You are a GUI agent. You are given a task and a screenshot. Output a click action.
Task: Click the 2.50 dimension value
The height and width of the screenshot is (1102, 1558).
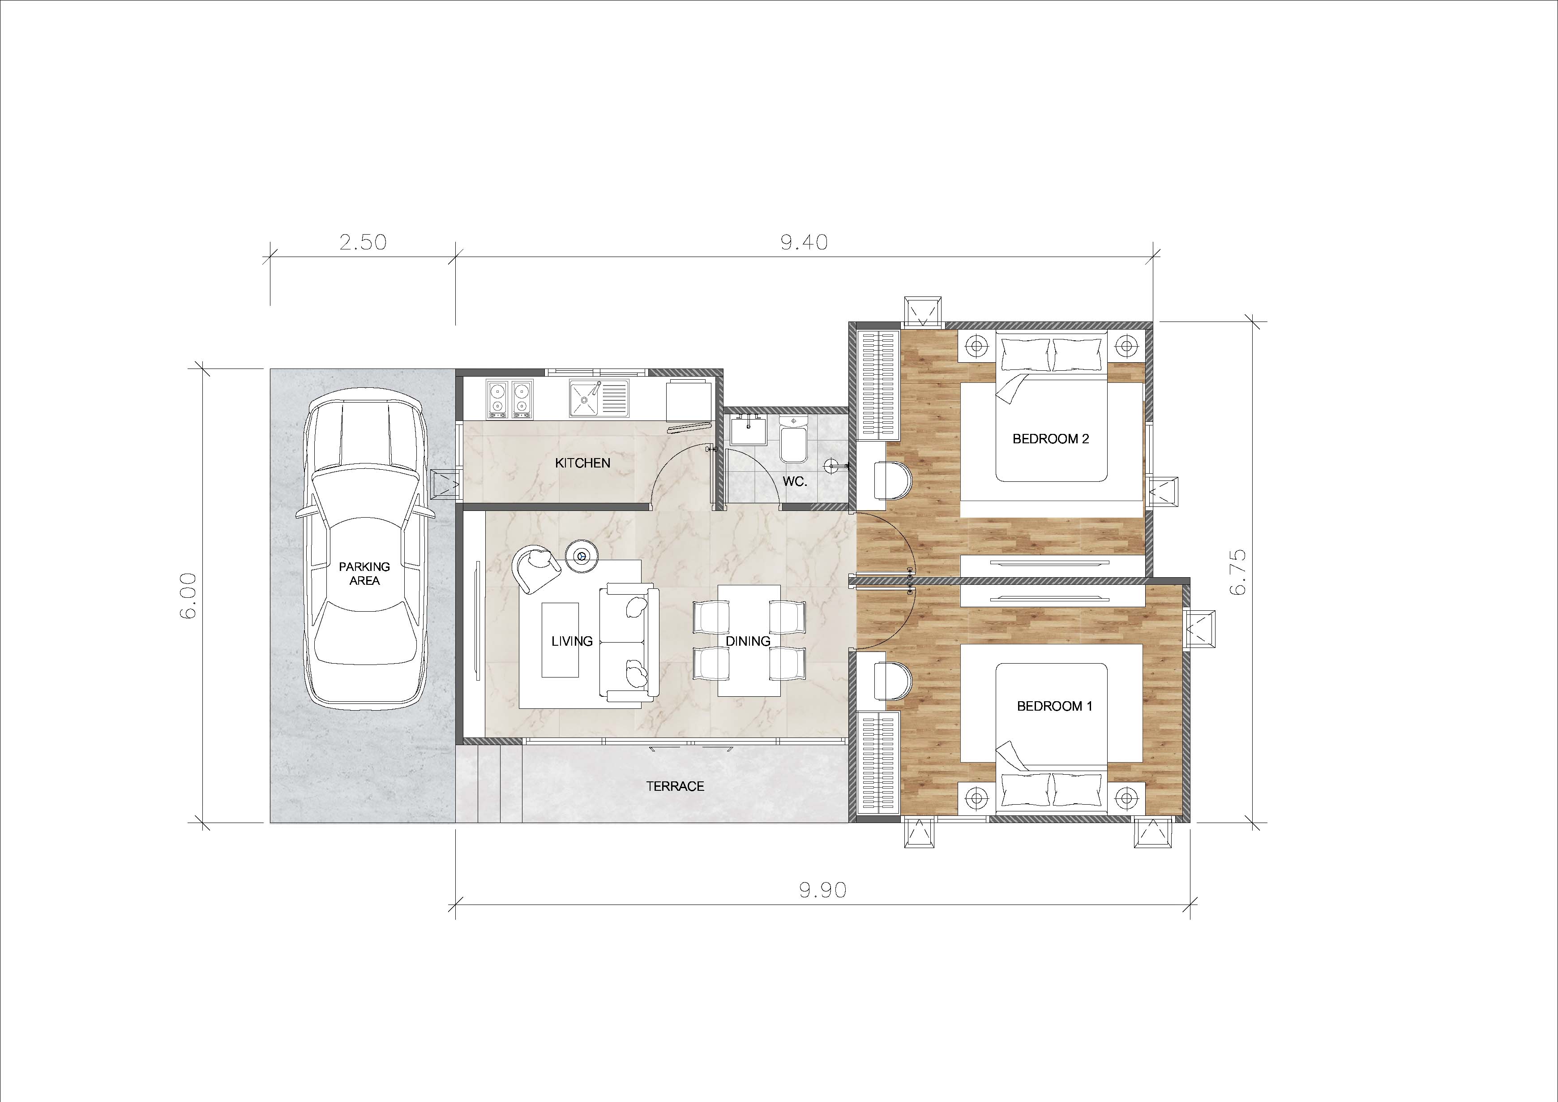[x=363, y=242]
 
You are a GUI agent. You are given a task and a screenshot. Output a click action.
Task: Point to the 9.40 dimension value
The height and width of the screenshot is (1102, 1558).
[x=804, y=242]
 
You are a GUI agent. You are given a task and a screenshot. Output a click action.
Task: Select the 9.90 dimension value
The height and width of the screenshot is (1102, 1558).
[x=822, y=890]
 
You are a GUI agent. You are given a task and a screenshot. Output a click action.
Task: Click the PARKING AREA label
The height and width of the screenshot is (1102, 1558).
[x=364, y=574]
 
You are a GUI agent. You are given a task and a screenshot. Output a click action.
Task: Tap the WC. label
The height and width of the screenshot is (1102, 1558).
[x=795, y=482]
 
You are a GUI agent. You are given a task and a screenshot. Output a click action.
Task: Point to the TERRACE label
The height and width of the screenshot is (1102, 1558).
[x=675, y=786]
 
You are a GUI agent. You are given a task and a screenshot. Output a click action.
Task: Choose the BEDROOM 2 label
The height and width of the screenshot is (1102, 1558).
[x=1050, y=439]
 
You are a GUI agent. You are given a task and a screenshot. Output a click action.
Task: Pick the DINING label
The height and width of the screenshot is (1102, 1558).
[x=748, y=641]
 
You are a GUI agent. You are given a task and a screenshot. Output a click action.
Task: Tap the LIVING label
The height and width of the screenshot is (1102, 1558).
[x=572, y=641]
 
